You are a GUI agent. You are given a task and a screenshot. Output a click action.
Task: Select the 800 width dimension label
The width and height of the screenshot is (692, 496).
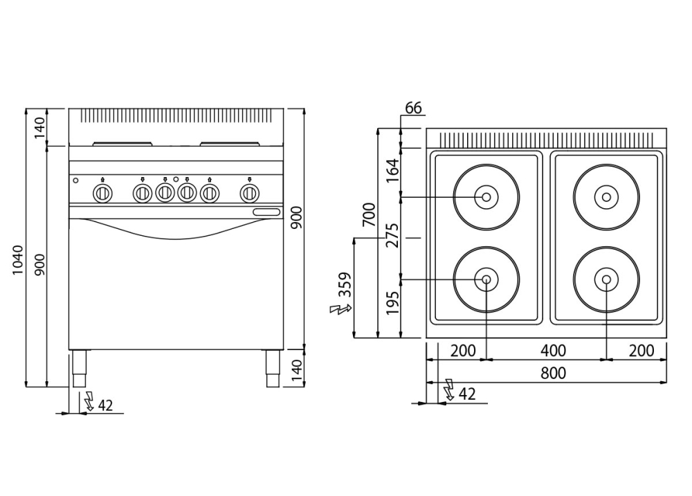(x=553, y=373)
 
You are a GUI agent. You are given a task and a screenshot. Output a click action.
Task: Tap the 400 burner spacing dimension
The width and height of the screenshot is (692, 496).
(x=553, y=350)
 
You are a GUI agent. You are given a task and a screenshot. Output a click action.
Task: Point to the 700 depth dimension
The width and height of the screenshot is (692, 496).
(x=369, y=215)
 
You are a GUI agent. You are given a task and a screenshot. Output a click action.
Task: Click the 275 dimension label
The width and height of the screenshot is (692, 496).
(x=392, y=237)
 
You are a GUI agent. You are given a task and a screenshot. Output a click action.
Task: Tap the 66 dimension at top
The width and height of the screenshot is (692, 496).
(x=413, y=108)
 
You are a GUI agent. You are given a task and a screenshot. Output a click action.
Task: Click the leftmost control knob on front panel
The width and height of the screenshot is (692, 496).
(x=102, y=192)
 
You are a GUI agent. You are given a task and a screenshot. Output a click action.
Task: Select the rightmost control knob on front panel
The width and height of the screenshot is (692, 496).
(x=248, y=192)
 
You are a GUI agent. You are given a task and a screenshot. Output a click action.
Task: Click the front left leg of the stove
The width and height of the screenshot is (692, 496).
(x=79, y=369)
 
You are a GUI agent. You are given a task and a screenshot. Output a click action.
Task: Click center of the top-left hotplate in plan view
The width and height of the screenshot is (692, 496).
(x=486, y=197)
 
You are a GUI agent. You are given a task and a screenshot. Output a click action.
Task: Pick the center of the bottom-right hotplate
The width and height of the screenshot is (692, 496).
(x=606, y=279)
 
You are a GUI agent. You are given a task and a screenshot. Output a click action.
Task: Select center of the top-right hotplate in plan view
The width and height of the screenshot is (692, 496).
(x=606, y=197)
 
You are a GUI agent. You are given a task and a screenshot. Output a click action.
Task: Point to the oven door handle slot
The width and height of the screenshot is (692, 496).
(x=266, y=212)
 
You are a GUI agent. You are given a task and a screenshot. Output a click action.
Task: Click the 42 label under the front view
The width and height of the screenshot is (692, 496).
(x=104, y=405)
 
